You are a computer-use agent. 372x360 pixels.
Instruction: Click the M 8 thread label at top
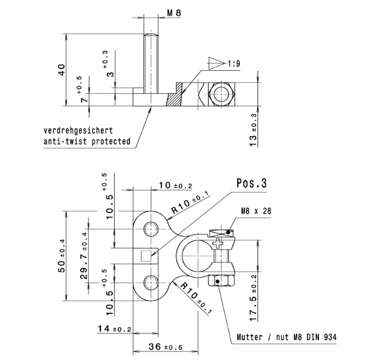pos(166,12)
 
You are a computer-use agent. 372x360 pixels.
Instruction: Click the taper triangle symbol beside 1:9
pos(215,62)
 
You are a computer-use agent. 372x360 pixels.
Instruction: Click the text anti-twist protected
pos(86,141)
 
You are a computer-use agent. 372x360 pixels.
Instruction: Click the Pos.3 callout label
pos(251,184)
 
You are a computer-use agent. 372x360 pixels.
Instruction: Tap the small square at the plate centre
pos(146,255)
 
